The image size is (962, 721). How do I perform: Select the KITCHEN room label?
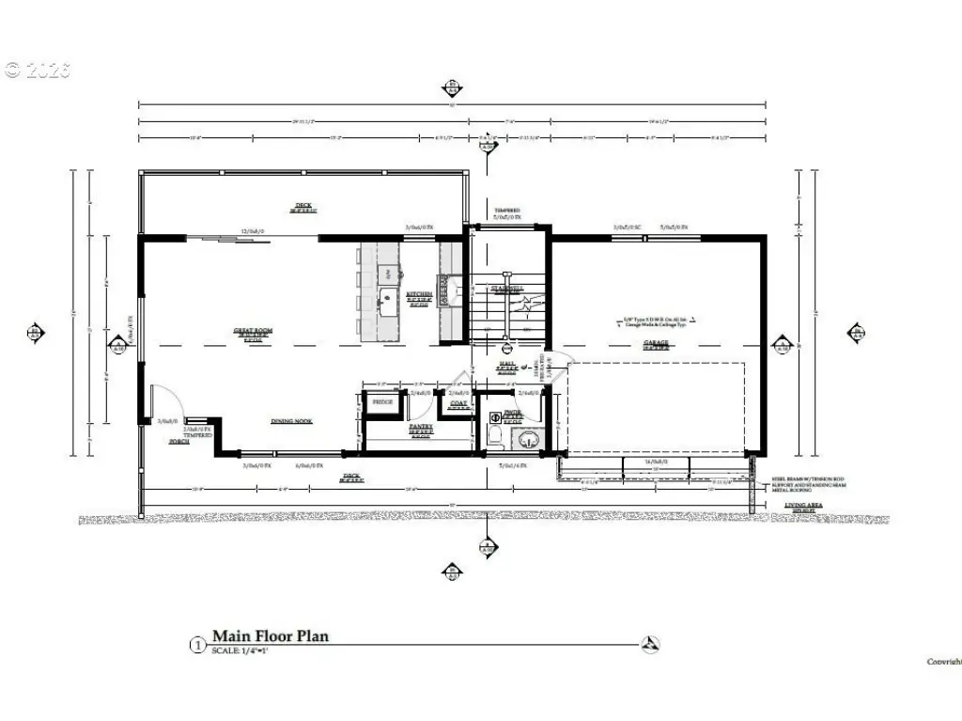click(x=419, y=294)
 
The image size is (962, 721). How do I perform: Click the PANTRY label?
click(x=419, y=426)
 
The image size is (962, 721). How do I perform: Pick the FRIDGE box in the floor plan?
click(x=382, y=402)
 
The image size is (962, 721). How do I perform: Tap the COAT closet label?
click(x=458, y=404)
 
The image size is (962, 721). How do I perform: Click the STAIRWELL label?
click(x=507, y=289)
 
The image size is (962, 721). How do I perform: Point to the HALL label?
click(x=507, y=365)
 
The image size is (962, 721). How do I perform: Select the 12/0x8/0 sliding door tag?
click(x=253, y=230)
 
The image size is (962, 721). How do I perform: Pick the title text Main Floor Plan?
click(x=270, y=636)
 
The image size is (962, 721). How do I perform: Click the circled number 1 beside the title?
click(x=197, y=645)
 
